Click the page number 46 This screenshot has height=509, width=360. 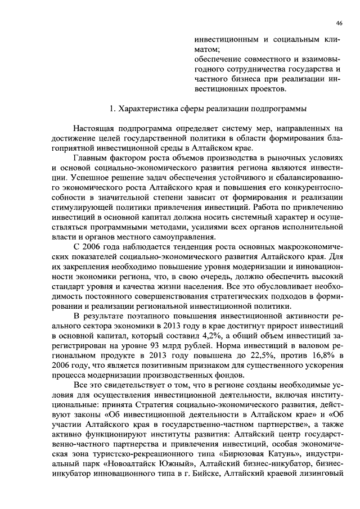pos(339,23)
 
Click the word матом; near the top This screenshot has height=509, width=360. pos(205,49)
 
